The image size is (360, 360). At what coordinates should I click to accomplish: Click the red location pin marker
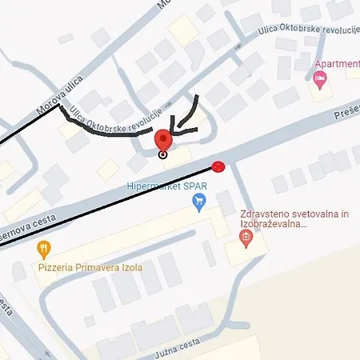pyautogui.click(x=163, y=140)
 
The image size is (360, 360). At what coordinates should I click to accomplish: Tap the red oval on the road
pyautogui.click(x=218, y=166)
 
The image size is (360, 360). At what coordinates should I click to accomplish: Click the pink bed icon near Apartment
pyautogui.click(x=321, y=78)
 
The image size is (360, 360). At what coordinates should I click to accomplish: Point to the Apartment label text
pyautogui.click(x=338, y=64)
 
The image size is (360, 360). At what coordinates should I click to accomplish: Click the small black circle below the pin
pyautogui.click(x=163, y=154)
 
